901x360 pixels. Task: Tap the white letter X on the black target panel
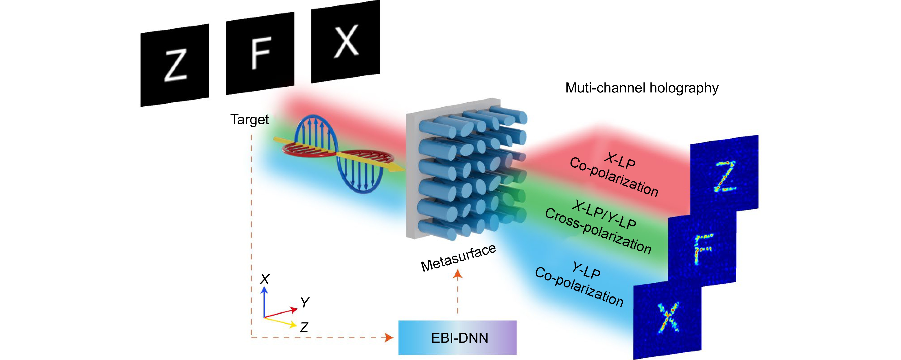346,41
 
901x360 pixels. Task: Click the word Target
249,120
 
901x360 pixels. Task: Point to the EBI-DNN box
457,337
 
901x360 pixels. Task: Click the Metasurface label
458,258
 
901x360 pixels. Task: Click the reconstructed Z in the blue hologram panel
725,177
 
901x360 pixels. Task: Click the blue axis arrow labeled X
265,290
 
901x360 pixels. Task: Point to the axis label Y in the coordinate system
305,302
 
